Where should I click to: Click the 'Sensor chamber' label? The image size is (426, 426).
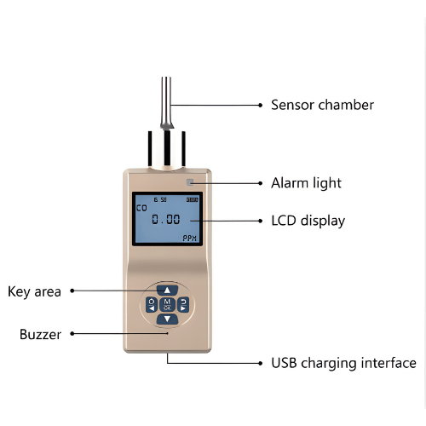(322, 105)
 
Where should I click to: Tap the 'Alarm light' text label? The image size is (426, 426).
(306, 183)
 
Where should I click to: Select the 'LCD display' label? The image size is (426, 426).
(308, 221)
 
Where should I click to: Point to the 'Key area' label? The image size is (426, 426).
(34, 291)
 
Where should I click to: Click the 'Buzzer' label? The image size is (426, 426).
(40, 335)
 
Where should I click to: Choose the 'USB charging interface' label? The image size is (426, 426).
(343, 363)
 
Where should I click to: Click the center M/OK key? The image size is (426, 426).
(168, 304)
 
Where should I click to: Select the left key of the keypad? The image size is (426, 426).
(152, 304)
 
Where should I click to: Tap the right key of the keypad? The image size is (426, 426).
(184, 304)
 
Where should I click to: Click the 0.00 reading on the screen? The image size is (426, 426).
(165, 219)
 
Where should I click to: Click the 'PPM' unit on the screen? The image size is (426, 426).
(190, 238)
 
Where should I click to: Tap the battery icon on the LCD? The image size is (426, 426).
(192, 199)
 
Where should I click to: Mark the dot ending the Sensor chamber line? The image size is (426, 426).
(260, 105)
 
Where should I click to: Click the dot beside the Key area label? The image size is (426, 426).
(72, 291)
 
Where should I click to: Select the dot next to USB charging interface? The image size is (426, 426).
(260, 363)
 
